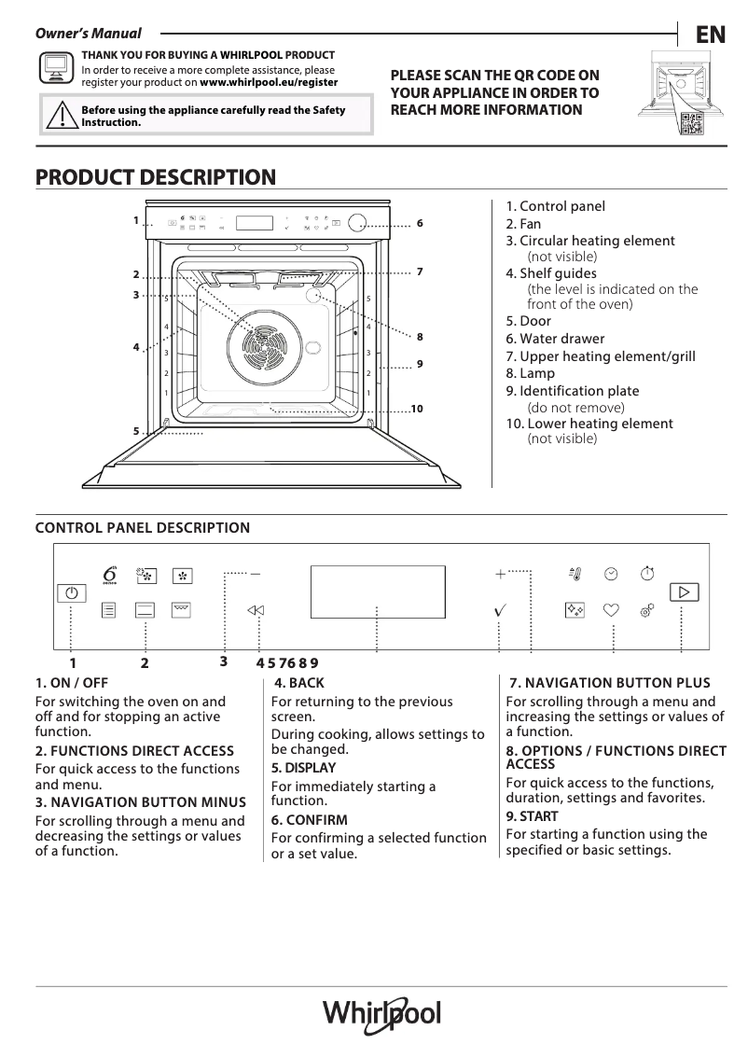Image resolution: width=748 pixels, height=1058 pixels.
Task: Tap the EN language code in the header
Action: coord(710,35)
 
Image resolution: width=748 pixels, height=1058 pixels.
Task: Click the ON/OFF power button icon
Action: coord(71,592)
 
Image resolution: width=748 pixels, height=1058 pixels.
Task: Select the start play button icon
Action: coord(684,592)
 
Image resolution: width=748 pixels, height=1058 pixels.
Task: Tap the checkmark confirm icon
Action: coord(500,610)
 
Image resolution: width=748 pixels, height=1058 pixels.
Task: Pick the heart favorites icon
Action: coord(611,610)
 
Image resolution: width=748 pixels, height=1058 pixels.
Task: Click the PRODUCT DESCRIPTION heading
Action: coord(155,177)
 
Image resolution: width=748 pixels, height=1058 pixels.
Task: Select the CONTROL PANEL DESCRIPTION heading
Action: coord(143,528)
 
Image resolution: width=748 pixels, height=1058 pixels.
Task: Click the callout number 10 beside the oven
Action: coord(417,410)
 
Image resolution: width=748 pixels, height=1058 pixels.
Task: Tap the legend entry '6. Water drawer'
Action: coord(555,339)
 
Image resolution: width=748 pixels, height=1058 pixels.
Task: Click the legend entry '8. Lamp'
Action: coord(530,373)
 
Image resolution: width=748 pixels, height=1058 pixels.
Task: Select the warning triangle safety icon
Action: coord(61,116)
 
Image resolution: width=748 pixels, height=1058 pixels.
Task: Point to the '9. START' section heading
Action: coord(532,816)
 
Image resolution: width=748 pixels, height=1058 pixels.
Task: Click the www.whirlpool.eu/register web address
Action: coord(269,82)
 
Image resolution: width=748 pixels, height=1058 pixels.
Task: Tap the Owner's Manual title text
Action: coord(89,34)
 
